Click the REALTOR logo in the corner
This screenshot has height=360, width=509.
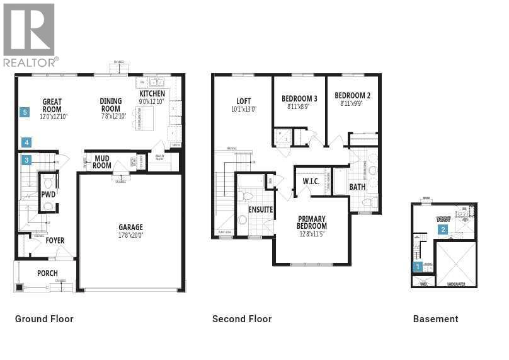click(x=30, y=34)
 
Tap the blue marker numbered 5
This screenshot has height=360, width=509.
click(x=25, y=112)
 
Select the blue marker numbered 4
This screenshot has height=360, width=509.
click(x=26, y=142)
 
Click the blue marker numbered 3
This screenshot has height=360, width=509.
click(x=26, y=160)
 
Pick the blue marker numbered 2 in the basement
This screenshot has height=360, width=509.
click(x=443, y=229)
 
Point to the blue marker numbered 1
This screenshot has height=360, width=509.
click(x=417, y=267)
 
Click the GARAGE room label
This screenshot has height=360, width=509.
click(x=130, y=228)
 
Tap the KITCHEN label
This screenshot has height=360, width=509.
click(x=152, y=94)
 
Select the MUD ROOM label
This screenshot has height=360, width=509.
click(x=102, y=163)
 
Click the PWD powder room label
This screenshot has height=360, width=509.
click(x=49, y=195)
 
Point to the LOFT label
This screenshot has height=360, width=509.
click(x=243, y=101)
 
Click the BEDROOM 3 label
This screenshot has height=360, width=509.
click(x=299, y=99)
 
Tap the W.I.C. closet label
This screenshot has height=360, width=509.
click(x=311, y=182)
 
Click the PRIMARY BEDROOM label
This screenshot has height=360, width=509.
click(x=312, y=222)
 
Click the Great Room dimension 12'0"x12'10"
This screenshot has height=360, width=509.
click(x=53, y=117)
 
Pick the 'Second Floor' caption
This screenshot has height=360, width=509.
click(x=242, y=319)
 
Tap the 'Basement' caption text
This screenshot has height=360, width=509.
click(x=435, y=319)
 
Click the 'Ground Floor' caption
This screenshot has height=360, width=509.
click(x=44, y=319)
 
